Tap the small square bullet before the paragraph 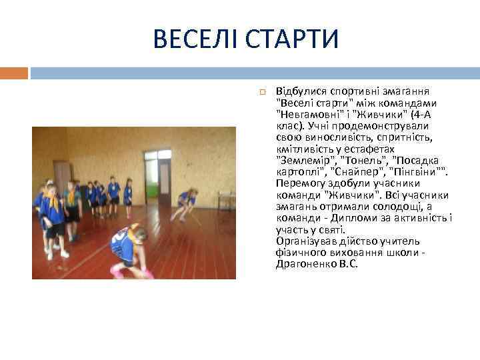pyautogui.click(x=263, y=91)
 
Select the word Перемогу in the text pyautogui.click(x=299, y=183)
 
